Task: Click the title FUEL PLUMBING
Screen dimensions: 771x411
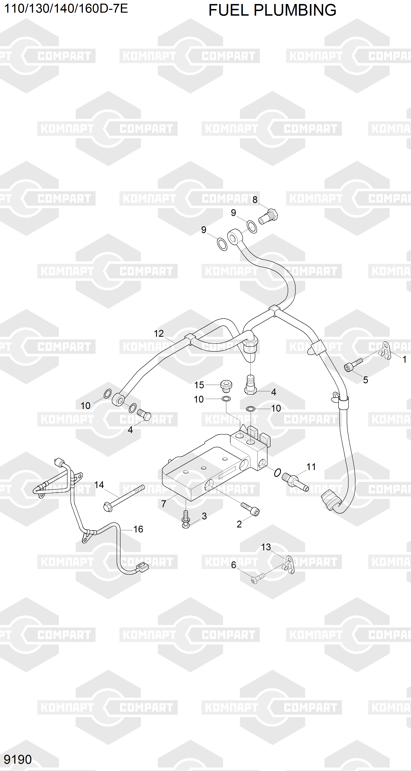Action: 272,10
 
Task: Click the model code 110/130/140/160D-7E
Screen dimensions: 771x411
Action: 66,8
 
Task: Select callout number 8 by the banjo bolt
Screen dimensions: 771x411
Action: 255,200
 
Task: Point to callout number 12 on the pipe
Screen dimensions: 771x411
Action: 159,333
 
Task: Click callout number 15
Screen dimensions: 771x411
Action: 199,385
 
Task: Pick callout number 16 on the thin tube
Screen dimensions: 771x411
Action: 138,529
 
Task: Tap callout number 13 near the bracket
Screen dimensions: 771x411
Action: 266,547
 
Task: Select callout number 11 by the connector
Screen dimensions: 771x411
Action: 311,467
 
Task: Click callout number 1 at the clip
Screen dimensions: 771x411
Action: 404,359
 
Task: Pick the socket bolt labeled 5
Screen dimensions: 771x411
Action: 353,365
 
